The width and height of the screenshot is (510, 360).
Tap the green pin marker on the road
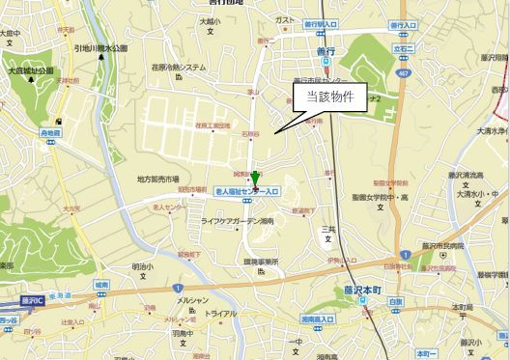(256, 180)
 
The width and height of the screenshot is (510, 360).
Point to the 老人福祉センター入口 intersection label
(247, 192)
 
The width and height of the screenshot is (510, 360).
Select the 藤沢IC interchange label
(32, 301)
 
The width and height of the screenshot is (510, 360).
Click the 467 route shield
(402, 70)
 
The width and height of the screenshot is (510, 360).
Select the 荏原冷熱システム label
(180, 68)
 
